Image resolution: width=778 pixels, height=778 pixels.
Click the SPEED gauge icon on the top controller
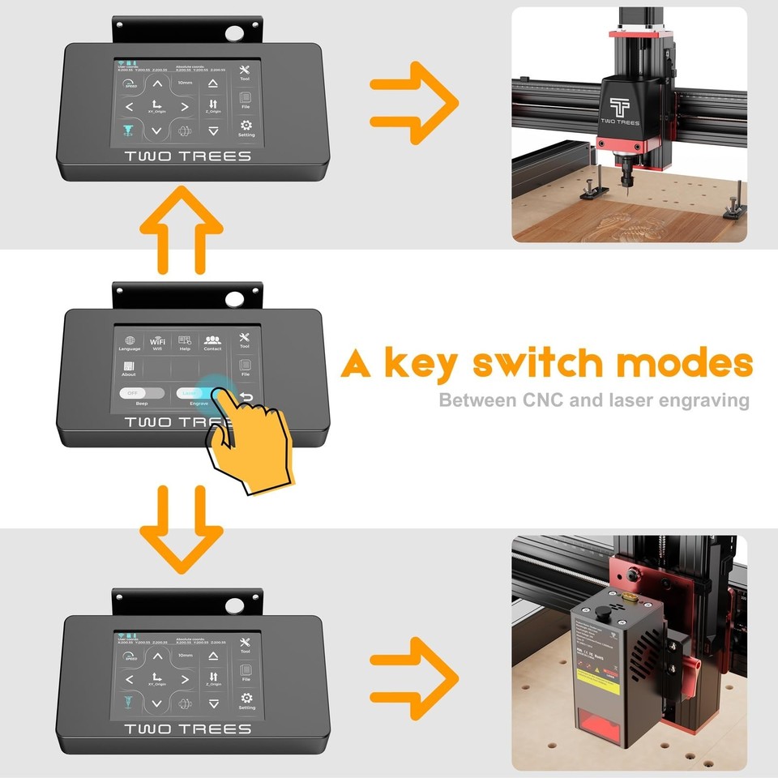[x=130, y=83]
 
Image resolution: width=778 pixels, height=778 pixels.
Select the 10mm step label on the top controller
[x=185, y=83]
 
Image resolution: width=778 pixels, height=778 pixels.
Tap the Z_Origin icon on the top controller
[x=213, y=105]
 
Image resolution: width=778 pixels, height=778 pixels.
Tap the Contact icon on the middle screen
[x=212, y=341]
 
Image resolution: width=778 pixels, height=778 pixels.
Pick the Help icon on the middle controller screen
[x=185, y=341]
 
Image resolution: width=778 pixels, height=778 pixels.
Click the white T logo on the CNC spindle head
[x=619, y=106]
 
